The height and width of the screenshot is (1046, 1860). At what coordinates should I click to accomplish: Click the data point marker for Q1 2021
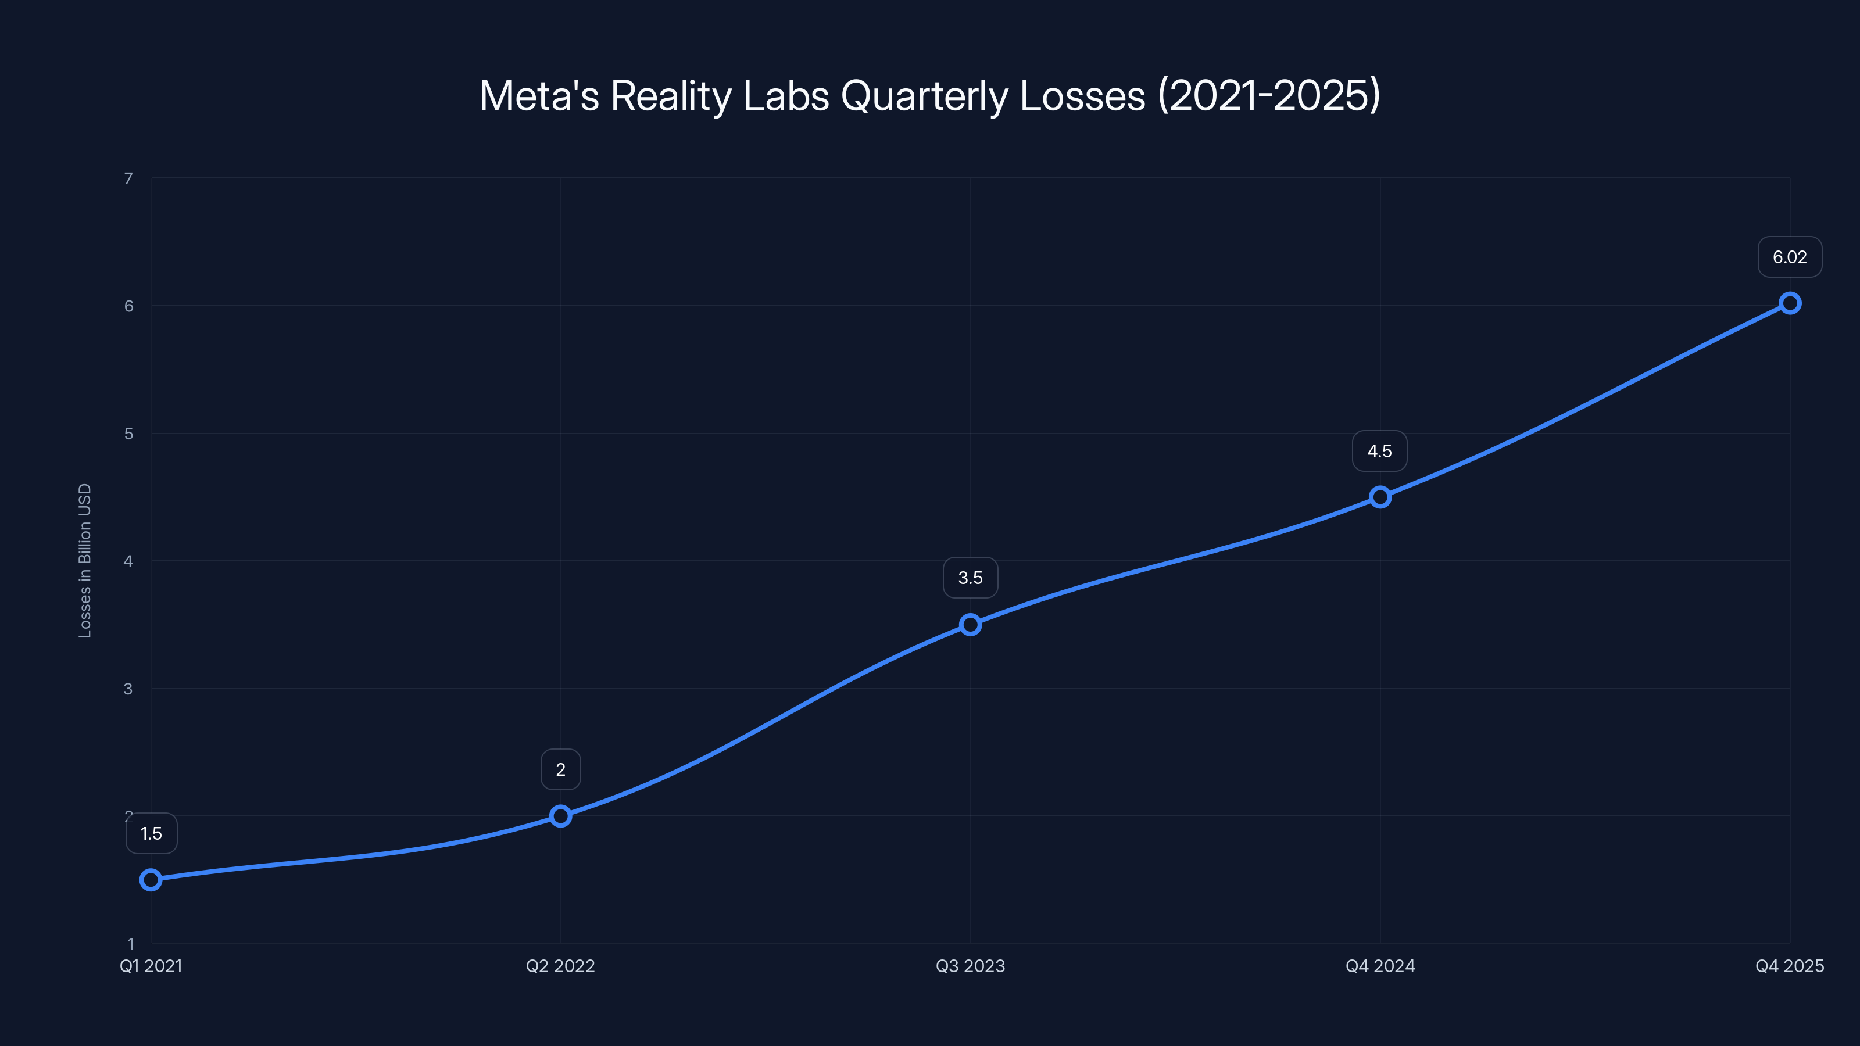coord(151,879)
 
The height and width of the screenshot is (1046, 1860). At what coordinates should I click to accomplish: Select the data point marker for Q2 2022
coord(560,816)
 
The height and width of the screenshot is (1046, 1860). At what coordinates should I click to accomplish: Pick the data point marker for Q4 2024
coord(1380,497)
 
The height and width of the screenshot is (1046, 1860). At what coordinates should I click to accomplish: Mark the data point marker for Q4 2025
coord(1789,303)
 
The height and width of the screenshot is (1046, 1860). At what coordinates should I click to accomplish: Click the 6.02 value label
coord(1789,257)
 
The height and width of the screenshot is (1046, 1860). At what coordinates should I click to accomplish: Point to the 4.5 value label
coord(1379,451)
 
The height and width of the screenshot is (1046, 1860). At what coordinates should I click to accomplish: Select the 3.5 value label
coord(970,578)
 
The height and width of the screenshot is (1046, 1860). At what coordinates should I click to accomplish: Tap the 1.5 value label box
coord(151,833)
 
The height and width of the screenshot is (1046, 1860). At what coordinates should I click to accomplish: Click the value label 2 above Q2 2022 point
coord(560,769)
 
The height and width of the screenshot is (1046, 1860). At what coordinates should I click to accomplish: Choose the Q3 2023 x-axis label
coord(970,966)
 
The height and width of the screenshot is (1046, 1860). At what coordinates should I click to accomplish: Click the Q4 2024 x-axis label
coord(1380,966)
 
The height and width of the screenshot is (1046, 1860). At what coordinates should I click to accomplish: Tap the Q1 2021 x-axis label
coord(151,966)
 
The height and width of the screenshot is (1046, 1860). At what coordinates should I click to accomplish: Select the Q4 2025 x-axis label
coord(1789,966)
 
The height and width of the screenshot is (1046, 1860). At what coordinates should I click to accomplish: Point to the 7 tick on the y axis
coord(128,178)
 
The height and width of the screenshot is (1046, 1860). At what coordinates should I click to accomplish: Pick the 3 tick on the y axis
coord(128,689)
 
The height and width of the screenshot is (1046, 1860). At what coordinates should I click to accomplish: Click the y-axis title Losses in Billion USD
coord(84,561)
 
